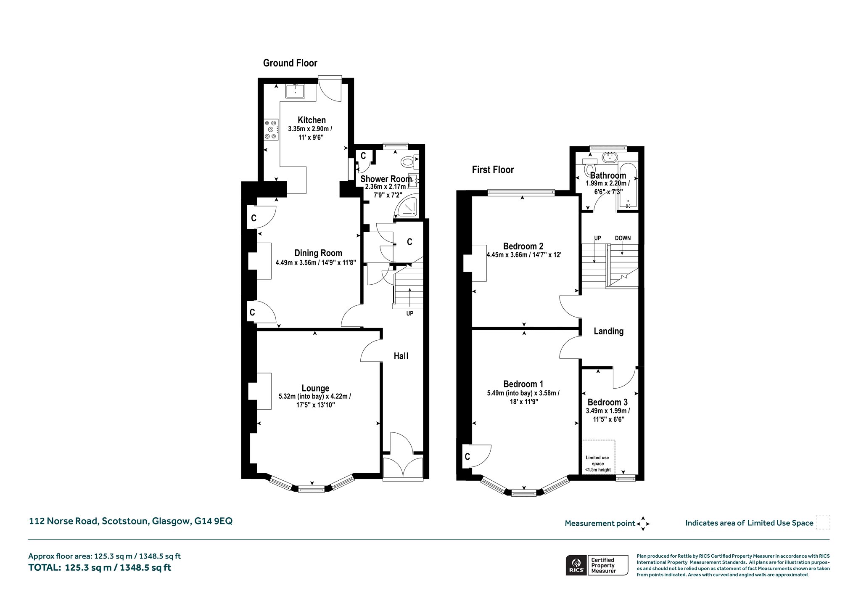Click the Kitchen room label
coord(312,120)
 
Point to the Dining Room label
coord(318,253)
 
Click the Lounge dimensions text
coord(315,400)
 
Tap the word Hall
coord(401,356)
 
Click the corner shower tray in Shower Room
coord(407,207)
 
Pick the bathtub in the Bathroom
coord(628,185)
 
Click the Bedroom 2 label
coord(523,246)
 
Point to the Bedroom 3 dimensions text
coord(607,415)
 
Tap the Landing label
coord(608,331)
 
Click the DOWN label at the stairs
coord(623,238)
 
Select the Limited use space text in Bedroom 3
coord(598,463)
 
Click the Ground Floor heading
coord(290,63)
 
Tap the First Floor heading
coord(493,169)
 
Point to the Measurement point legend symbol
coord(643,524)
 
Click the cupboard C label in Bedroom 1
coord(467,456)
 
